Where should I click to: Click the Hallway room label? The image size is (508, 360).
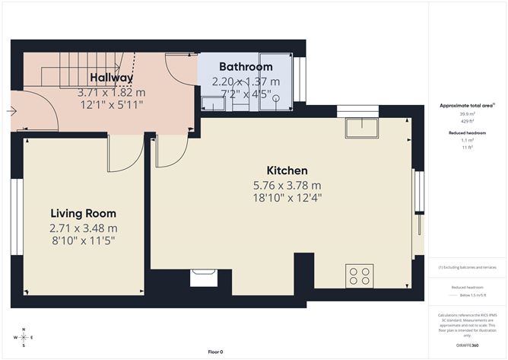point(111,78)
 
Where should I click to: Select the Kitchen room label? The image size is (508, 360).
point(287,170)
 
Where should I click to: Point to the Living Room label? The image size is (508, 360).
point(84,214)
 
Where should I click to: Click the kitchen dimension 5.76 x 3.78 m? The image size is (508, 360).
point(287,185)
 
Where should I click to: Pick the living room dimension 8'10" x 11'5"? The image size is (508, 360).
point(84,241)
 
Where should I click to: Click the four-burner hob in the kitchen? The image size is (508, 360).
point(360,276)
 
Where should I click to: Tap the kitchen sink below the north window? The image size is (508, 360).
point(360,128)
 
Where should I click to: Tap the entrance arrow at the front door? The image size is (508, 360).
point(11,111)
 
